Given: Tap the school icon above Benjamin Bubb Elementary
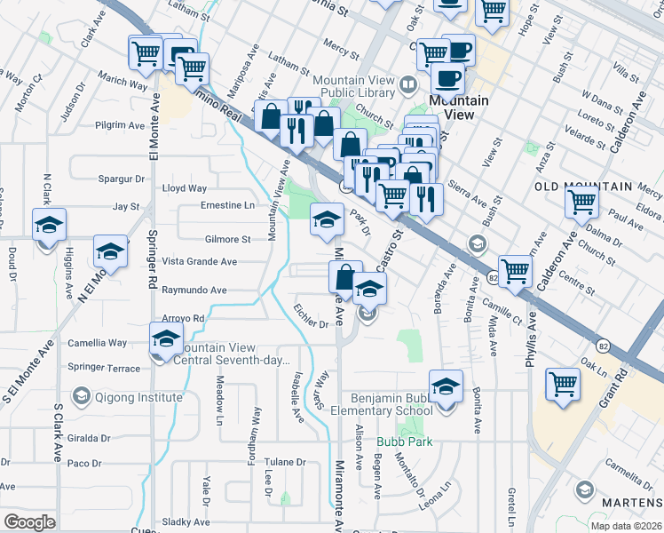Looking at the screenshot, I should pos(446,386).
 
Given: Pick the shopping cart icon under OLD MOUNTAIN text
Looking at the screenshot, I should pos(582,201).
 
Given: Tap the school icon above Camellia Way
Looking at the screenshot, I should pos(165,338).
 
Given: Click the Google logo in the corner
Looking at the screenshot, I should pos(29,522).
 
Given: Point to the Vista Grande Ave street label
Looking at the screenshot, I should pos(199,262).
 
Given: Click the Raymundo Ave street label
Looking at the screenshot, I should pos(194,290).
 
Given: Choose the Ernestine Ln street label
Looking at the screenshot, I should pos(227,205).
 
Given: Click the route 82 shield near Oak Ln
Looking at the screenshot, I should pos(605,345).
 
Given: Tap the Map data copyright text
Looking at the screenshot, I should pos(626,526).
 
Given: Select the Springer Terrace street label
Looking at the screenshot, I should pos(104,367).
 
